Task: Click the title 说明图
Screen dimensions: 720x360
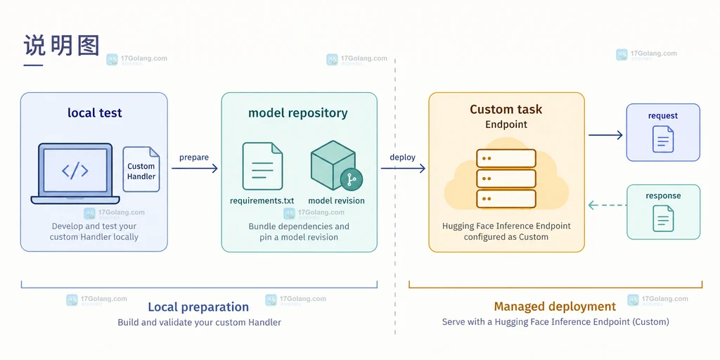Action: pyautogui.click(x=62, y=46)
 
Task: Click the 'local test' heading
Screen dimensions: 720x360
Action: pyautogui.click(x=95, y=112)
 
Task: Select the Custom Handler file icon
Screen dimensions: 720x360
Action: pyautogui.click(x=141, y=169)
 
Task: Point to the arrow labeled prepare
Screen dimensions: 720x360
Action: pyautogui.click(x=195, y=169)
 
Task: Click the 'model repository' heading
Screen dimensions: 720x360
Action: pyautogui.click(x=298, y=113)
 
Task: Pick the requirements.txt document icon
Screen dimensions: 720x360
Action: pyautogui.click(x=262, y=166)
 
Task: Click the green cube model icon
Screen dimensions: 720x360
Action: pyautogui.click(x=333, y=165)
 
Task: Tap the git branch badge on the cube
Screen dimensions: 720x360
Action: pyautogui.click(x=352, y=179)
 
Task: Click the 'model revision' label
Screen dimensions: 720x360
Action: pyautogui.click(x=336, y=200)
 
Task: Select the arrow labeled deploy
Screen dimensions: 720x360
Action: pyautogui.click(x=403, y=169)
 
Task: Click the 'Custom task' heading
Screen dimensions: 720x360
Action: pyautogui.click(x=506, y=109)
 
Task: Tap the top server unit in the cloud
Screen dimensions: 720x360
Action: pyautogui.click(x=506, y=158)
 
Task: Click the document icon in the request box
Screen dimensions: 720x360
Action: pyautogui.click(x=663, y=139)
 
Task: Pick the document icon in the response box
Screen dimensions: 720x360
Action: pyautogui.click(x=663, y=218)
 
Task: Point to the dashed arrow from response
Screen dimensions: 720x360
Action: pyautogui.click(x=607, y=205)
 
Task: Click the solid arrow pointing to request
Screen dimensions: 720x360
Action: pyautogui.click(x=605, y=135)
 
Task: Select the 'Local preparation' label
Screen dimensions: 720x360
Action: pyautogui.click(x=198, y=307)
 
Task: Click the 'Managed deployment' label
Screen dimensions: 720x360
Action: pyautogui.click(x=555, y=307)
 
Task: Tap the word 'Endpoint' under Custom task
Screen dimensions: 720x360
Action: pyautogui.click(x=506, y=124)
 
